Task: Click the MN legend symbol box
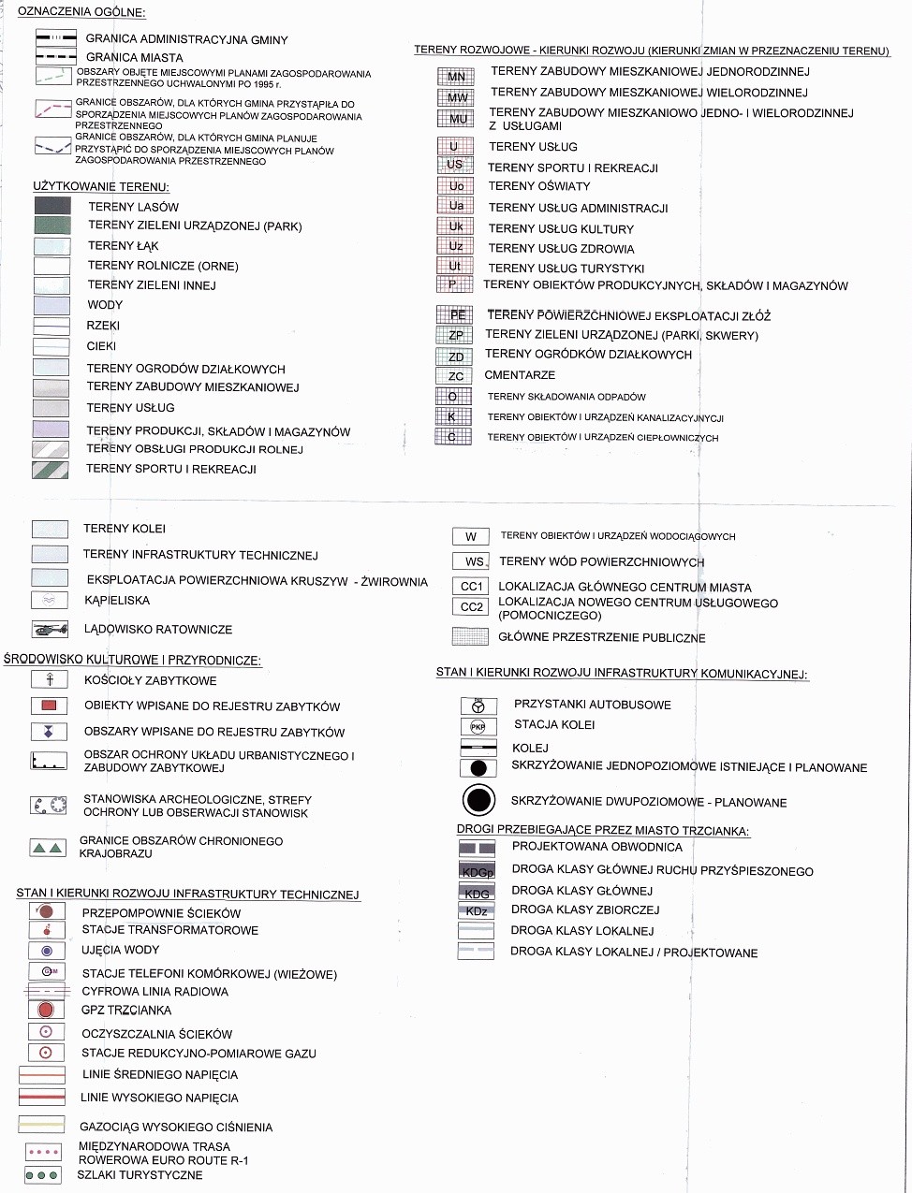[x=456, y=77]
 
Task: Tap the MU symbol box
[x=457, y=119]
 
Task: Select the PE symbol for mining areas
[x=455, y=315]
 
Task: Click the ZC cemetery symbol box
[x=455, y=376]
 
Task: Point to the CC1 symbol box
[x=471, y=587]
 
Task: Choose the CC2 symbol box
[x=471, y=607]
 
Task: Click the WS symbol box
[x=473, y=561]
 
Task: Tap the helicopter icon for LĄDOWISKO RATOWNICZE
[x=49, y=629]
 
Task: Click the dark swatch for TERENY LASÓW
[x=51, y=207]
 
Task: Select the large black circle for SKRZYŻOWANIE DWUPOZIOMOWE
[x=478, y=800]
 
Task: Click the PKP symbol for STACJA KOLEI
[x=478, y=726]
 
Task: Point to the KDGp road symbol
[x=477, y=870]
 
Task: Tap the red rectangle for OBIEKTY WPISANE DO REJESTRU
[x=49, y=706]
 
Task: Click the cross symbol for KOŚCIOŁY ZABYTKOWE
[x=50, y=680]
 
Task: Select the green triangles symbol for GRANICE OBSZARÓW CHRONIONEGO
[x=48, y=848]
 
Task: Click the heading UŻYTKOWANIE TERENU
[x=100, y=187]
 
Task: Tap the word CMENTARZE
[x=520, y=375]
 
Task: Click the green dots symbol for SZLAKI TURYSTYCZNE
[x=43, y=1175]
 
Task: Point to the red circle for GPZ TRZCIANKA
[x=45, y=1011]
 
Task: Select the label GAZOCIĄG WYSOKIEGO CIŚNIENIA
[x=176, y=1128]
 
